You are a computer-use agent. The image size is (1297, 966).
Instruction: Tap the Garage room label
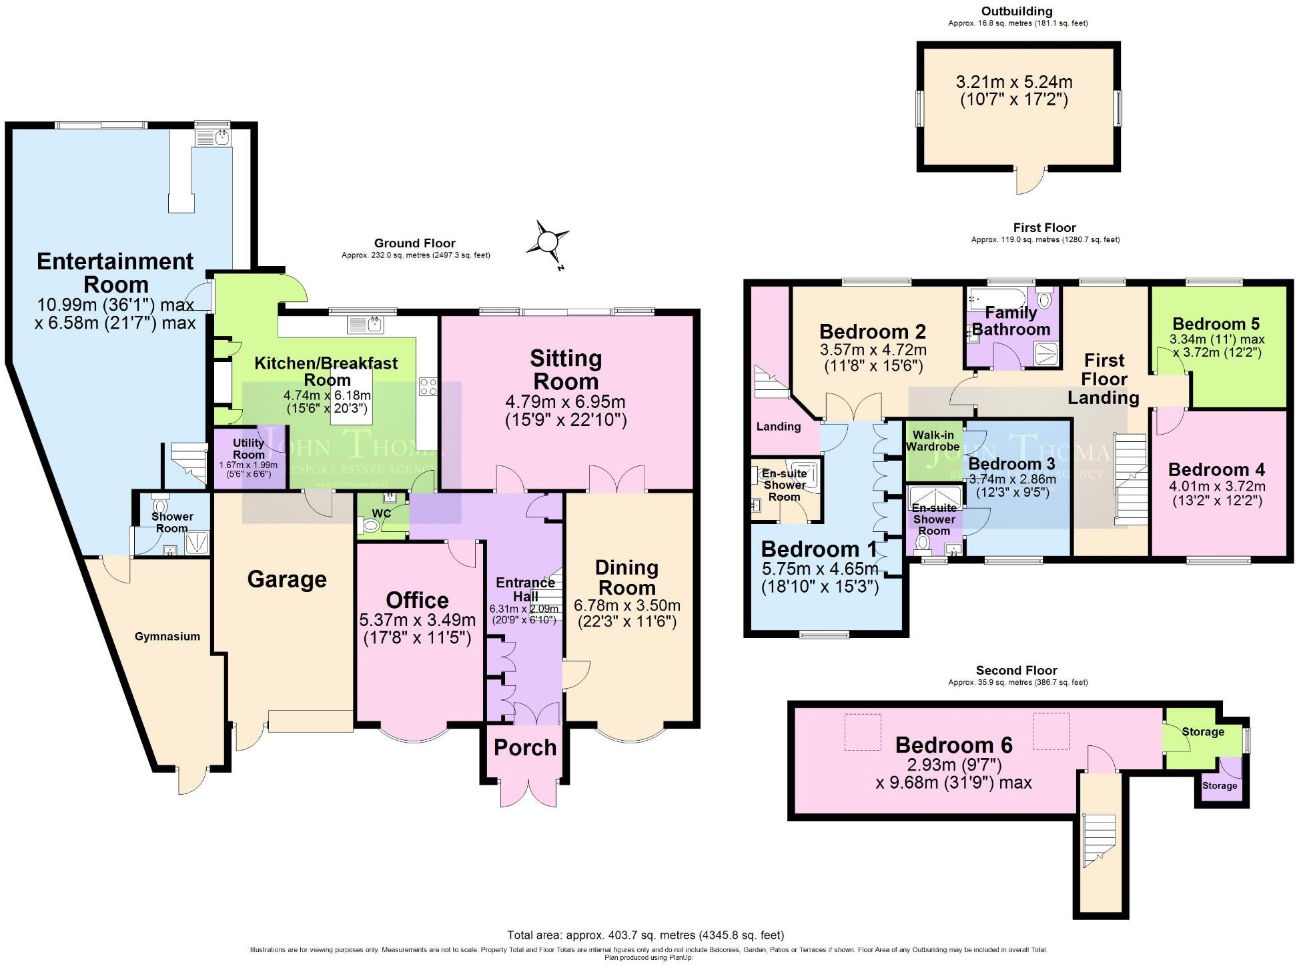(287, 579)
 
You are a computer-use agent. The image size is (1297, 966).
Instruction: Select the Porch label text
(525, 747)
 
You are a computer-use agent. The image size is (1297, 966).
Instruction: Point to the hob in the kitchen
(428, 387)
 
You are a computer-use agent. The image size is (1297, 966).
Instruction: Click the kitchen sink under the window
(365, 325)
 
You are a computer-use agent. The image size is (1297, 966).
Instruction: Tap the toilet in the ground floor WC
(368, 527)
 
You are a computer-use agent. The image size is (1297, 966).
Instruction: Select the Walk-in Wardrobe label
(933, 441)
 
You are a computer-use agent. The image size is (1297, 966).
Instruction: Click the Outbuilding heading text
(1017, 11)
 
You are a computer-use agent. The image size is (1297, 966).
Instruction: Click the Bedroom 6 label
(953, 745)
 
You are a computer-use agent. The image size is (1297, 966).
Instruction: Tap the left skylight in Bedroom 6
(863, 731)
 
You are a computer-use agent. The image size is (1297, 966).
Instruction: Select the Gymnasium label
(167, 637)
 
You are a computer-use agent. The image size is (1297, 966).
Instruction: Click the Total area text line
(645, 935)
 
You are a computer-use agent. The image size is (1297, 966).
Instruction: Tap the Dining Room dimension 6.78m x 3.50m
(626, 606)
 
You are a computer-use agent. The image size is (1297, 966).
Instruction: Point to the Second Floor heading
(1016, 670)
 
